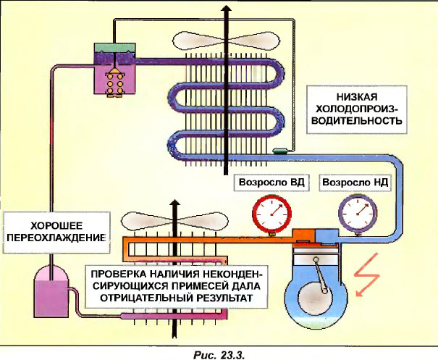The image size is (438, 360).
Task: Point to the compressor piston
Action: click(x=314, y=260)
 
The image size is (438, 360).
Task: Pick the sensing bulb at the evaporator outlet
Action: click(x=279, y=151)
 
